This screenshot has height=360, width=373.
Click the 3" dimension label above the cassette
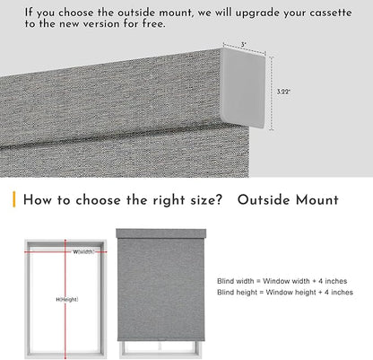coord(244,45)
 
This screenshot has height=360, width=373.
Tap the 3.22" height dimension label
coord(283,92)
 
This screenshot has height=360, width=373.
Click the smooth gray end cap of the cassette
coord(243,88)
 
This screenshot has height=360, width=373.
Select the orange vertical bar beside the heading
coord(13,199)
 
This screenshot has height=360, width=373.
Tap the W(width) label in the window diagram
coord(84,251)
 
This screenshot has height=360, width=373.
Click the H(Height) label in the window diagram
coord(67,299)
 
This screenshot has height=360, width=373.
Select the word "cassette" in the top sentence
coord(331,13)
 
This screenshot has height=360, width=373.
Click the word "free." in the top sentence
coord(153,23)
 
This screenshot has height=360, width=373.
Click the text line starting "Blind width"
coord(282,281)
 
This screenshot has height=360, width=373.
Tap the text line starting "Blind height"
coord(285,292)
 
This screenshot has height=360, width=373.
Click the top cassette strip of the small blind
coord(160,233)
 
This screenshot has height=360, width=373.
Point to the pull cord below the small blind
coord(160,346)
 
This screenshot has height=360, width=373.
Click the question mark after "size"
coord(219,199)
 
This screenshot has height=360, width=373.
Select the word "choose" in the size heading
coord(98,200)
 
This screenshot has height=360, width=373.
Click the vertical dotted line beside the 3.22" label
coord(271,93)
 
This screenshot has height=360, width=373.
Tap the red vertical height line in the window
coord(65,299)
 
